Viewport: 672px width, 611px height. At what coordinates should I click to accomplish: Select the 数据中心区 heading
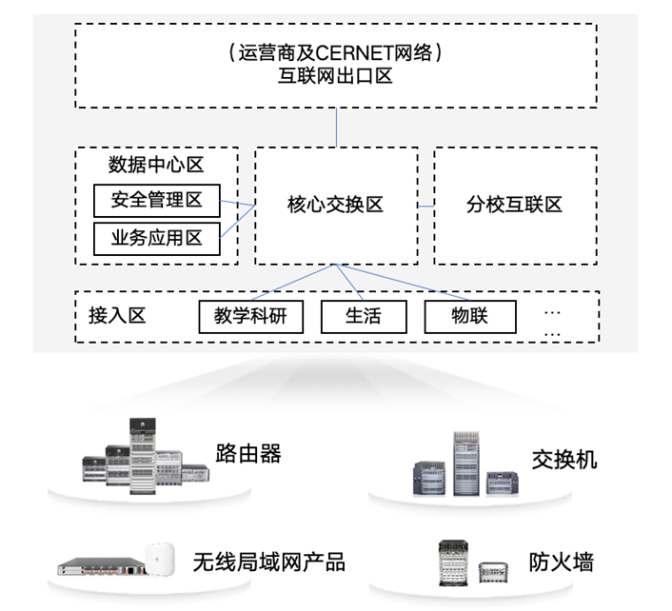click(155, 164)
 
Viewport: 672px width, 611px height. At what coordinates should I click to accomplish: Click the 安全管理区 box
click(155, 200)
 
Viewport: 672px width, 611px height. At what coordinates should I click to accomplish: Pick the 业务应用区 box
click(155, 238)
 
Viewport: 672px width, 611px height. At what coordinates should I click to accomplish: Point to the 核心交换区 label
click(335, 205)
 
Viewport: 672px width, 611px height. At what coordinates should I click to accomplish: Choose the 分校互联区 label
click(514, 205)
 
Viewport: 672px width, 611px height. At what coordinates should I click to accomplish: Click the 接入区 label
click(117, 316)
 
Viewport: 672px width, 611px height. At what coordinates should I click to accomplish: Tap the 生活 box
click(364, 316)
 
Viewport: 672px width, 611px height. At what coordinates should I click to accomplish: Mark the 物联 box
click(469, 316)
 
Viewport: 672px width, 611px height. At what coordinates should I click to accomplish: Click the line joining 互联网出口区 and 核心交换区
click(335, 128)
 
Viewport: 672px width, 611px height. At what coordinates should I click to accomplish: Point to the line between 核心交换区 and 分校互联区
click(425, 205)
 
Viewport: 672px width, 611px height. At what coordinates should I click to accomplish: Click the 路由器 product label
click(248, 453)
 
